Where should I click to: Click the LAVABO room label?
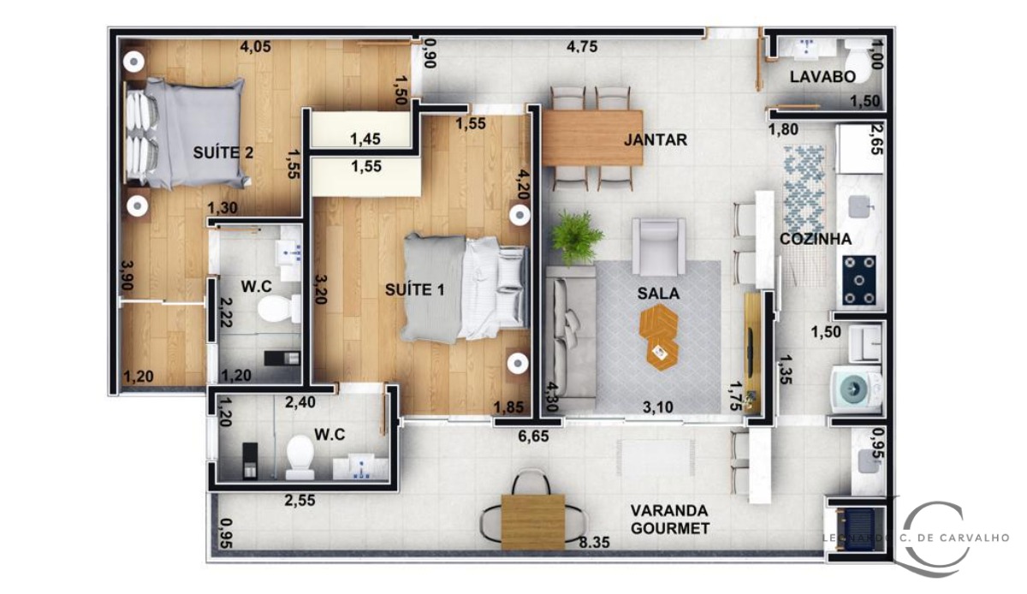[x=822, y=77]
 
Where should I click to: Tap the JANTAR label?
[x=656, y=140]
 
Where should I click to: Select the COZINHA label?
[x=815, y=240]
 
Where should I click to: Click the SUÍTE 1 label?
[x=416, y=289]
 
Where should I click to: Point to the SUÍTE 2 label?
[x=223, y=153]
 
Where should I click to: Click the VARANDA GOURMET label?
[x=669, y=519]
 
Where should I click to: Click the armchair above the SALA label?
[x=658, y=246]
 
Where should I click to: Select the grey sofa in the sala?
[x=568, y=330]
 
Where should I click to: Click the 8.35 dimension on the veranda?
[x=594, y=542]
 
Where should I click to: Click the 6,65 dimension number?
[x=534, y=436]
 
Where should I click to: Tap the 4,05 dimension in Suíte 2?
[x=256, y=47]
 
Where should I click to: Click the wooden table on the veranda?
[x=533, y=521]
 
